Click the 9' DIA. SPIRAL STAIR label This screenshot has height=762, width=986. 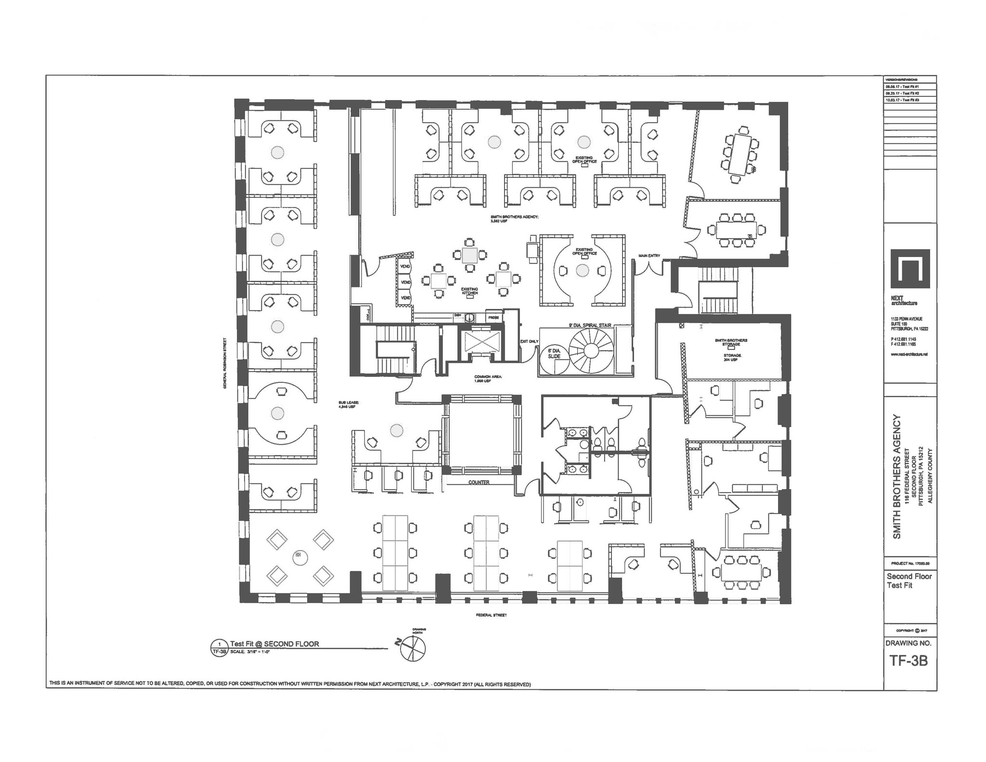click(x=590, y=325)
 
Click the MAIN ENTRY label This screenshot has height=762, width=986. click(x=649, y=256)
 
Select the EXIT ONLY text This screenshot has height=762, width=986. click(x=529, y=341)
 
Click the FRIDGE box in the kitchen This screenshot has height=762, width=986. click(x=493, y=318)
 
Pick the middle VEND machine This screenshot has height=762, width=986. click(x=405, y=282)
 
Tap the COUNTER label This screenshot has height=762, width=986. click(x=479, y=482)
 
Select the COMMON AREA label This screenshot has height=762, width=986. click(x=488, y=379)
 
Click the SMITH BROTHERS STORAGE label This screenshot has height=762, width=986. click(x=731, y=342)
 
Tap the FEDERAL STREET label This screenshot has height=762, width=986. click(x=491, y=615)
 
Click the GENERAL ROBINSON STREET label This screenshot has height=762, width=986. click(x=225, y=363)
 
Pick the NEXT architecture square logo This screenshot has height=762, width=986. click(x=910, y=269)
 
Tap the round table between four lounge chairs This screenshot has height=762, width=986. click(x=300, y=557)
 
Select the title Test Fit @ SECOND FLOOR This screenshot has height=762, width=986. click(x=274, y=644)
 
